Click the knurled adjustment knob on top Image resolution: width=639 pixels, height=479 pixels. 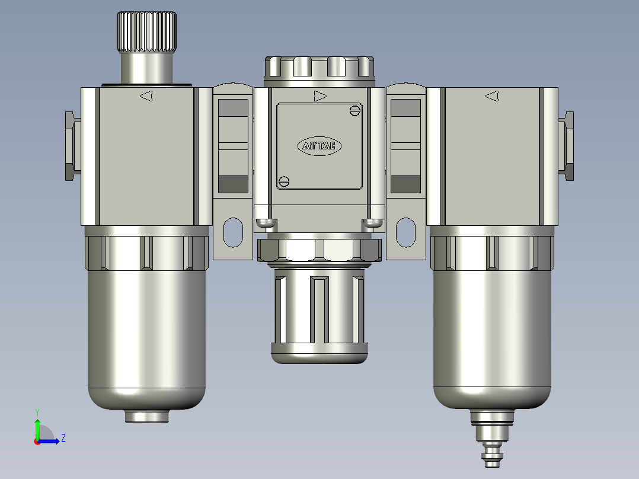(x=146, y=32)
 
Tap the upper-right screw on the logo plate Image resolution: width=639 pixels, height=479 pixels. (x=355, y=110)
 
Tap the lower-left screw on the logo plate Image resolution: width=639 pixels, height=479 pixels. (x=284, y=182)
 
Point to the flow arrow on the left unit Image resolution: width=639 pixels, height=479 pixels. (x=146, y=96)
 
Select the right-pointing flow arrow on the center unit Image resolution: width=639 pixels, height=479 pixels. (x=320, y=96)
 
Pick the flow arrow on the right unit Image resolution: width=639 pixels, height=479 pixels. (x=491, y=96)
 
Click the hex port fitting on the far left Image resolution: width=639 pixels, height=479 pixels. (x=72, y=146)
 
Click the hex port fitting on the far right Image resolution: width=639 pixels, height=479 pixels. (x=567, y=146)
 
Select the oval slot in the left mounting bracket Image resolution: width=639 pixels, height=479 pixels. (x=233, y=232)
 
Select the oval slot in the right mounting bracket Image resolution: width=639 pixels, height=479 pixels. (x=406, y=232)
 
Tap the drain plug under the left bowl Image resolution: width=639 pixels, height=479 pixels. (x=147, y=416)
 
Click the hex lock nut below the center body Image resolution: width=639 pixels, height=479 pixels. (x=319, y=250)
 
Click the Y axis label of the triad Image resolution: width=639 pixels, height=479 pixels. (x=37, y=411)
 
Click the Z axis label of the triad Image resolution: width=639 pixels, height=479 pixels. (x=63, y=438)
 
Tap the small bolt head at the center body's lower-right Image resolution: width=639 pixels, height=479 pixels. (x=372, y=223)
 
